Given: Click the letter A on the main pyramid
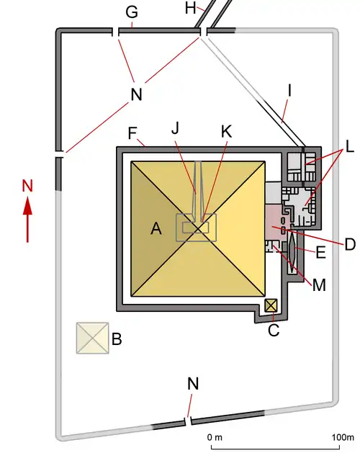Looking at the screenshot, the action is coord(156,229).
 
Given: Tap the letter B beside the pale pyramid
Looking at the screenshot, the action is coord(117,338).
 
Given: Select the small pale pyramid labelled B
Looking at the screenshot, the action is coord(92,338).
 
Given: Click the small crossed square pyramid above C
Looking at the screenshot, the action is coord(271,305).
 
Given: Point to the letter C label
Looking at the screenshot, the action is coord(274,330).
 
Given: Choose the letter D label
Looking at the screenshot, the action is coord(350,244).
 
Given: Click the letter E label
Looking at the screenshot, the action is coord(321,253).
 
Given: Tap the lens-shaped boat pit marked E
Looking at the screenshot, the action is coord(292,251).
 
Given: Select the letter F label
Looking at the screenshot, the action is coord(132,133).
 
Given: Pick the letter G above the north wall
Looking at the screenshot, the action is coord(132,12).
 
